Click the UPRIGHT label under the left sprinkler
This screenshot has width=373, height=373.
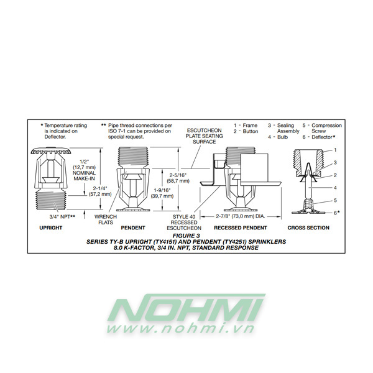(x=52, y=228)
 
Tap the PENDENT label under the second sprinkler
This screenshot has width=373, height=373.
(x=133, y=228)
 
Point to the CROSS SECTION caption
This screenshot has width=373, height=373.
(x=308, y=228)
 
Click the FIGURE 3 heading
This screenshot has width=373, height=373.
(x=186, y=236)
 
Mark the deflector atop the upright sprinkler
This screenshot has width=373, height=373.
(x=52, y=151)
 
